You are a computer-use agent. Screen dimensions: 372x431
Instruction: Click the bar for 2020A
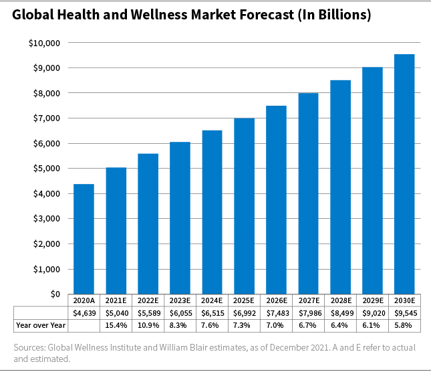[84, 239]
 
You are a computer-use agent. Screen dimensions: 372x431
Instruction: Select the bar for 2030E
[404, 174]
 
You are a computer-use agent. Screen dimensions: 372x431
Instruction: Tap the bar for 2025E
[244, 206]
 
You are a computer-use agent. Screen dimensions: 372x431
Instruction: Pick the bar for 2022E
[148, 223]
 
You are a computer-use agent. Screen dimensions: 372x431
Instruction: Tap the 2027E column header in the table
[308, 300]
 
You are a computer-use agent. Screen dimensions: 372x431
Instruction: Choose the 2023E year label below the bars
[180, 300]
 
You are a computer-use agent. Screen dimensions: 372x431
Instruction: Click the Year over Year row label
[39, 324]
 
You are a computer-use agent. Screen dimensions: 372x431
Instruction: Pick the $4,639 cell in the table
[84, 312]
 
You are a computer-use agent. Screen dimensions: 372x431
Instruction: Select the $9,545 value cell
[404, 312]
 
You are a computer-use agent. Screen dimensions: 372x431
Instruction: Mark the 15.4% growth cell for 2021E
[116, 324]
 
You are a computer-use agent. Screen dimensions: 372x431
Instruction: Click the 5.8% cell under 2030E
[404, 324]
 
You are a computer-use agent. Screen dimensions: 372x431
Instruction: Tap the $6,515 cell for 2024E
[212, 312]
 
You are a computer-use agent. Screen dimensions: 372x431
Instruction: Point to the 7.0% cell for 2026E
[276, 324]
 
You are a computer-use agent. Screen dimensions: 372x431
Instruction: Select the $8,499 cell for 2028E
[340, 312]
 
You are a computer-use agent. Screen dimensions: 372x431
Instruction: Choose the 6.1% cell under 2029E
[372, 324]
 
